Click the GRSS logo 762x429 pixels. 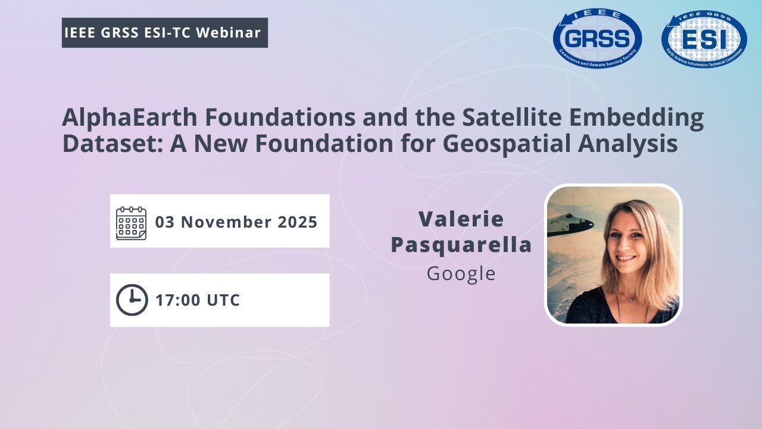[x=597, y=39]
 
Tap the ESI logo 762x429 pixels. [x=704, y=39]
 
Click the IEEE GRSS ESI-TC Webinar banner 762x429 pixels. [x=165, y=33]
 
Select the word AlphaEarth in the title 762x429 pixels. [x=129, y=118]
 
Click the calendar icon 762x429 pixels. [x=131, y=222]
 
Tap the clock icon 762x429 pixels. [x=131, y=300]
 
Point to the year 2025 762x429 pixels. [x=298, y=222]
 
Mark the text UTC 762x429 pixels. [x=223, y=300]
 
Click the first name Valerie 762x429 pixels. [x=461, y=219]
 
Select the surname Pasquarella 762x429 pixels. [x=461, y=245]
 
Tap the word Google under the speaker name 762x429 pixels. [x=461, y=273]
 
